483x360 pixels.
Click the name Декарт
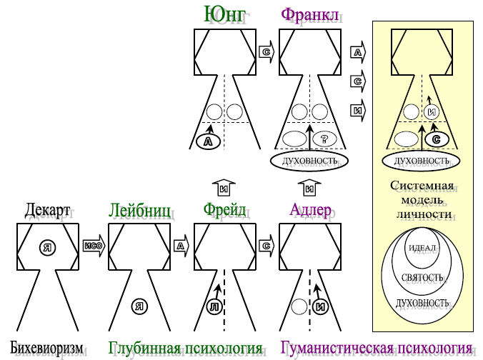pos(48,211)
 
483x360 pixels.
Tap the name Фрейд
pos(224,211)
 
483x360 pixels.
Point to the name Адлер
pos(309,211)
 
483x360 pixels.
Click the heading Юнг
pos(224,15)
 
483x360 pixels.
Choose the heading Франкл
pos(309,15)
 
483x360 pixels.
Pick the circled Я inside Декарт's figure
pos(49,247)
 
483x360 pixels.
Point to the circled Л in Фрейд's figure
pos(214,307)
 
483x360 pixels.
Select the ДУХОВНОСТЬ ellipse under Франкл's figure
pos(309,161)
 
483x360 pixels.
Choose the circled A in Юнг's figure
pos(208,142)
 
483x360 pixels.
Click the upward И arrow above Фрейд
pos(224,189)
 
